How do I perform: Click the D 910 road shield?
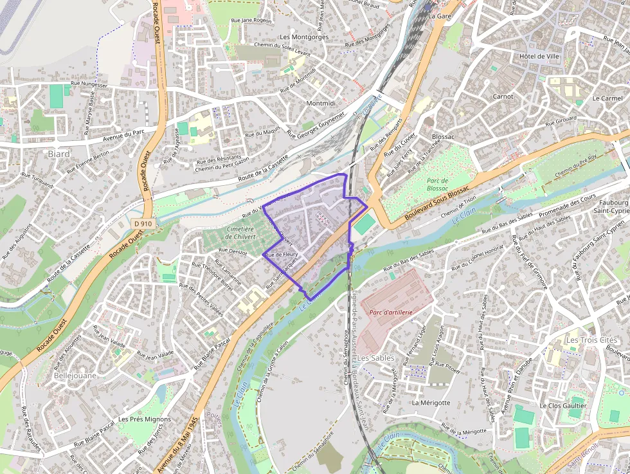143,223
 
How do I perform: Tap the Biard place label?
59,154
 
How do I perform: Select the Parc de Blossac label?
437,185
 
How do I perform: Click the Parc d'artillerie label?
391,312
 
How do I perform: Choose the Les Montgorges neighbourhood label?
304,37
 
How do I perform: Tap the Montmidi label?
321,104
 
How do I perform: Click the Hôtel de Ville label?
539,57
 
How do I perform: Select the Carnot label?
503,96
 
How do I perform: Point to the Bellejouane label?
75,375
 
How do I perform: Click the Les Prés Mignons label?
145,419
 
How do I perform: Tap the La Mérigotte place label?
431,403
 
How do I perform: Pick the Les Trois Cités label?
591,340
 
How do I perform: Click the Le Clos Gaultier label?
563,406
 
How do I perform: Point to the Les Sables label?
376,358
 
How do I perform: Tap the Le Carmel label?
607,98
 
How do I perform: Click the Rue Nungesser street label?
89,84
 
